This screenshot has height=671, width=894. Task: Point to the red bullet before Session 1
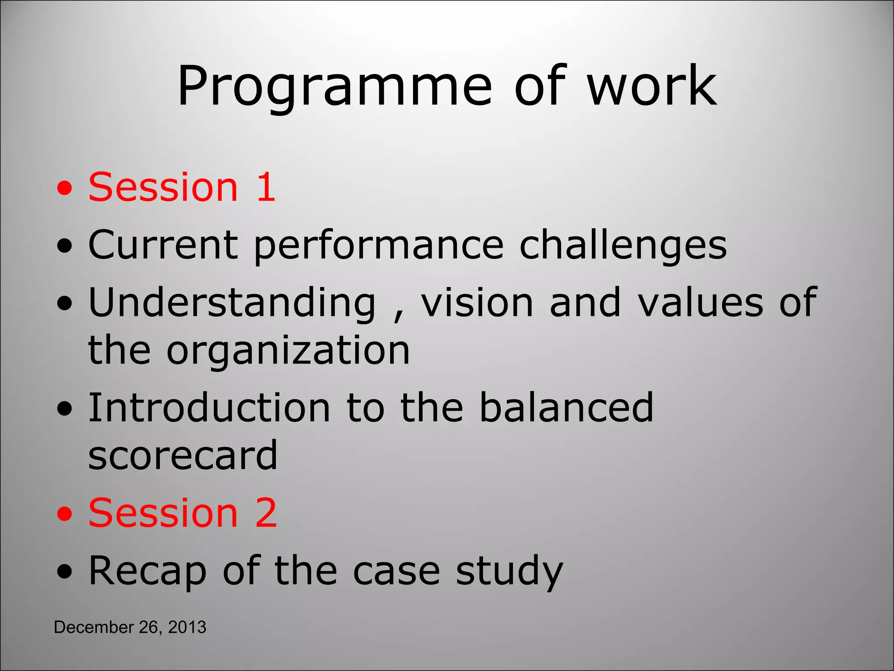[x=65, y=189]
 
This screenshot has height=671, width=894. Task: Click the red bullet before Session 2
[x=65, y=515]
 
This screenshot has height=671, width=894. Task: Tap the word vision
[x=477, y=302]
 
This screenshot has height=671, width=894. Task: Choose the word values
[x=701, y=302]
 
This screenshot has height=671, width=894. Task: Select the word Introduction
[x=209, y=408]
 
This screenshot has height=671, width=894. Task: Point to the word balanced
[x=566, y=408]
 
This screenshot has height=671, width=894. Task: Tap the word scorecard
[x=183, y=456]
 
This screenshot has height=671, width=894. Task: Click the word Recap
[x=147, y=571]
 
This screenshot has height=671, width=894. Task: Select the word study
[x=509, y=571]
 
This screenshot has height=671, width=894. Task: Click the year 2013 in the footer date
[x=187, y=627]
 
